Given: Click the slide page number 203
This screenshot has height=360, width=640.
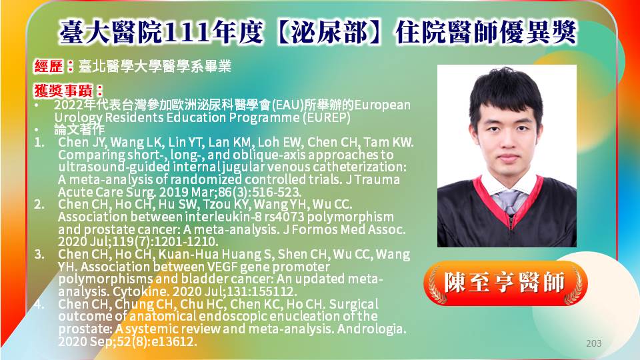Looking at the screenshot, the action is coord(593,343).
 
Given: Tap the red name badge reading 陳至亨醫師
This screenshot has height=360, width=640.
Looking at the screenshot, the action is coord(505,283).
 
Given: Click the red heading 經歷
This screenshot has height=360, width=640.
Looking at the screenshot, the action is coord(48,66).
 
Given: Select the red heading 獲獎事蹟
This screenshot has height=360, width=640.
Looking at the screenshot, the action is coord(63,90).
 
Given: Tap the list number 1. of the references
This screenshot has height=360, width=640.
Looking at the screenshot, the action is coord(39,143).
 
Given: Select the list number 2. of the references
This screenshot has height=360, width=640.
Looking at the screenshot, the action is coord(39,204).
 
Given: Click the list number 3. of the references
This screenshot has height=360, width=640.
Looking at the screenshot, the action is coord(39,254).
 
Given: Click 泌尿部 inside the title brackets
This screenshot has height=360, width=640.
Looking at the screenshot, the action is coord(329,32).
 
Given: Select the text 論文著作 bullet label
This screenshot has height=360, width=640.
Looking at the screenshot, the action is coord(79,129).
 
